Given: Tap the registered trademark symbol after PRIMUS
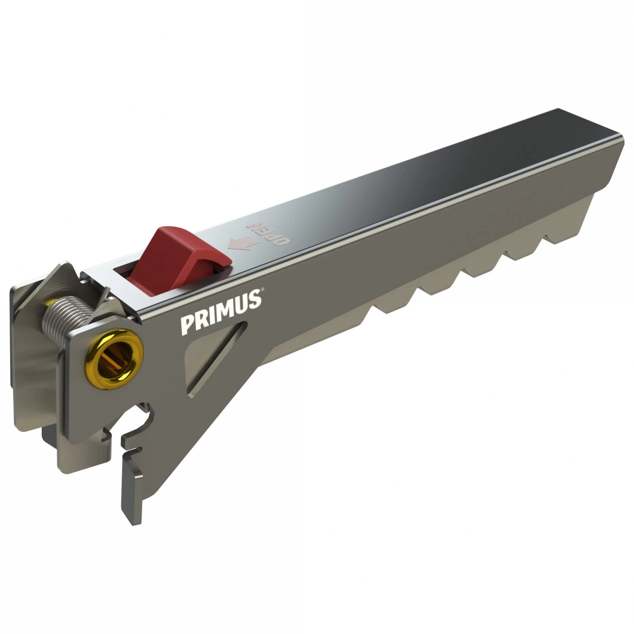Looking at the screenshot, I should pos(263,290).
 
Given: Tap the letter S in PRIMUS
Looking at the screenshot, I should pos(254,300).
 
